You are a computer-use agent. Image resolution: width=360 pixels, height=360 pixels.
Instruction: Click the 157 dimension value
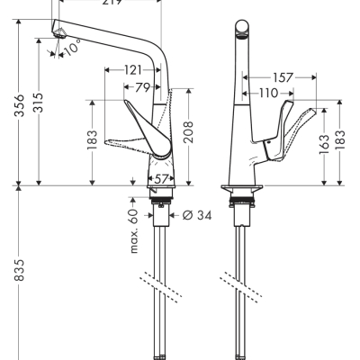pyautogui.click(x=283, y=77)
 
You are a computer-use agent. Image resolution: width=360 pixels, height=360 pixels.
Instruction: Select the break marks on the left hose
pyautogui.click(x=163, y=287)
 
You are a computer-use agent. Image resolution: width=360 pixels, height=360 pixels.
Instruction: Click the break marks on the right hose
pyautogui.click(x=241, y=287)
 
